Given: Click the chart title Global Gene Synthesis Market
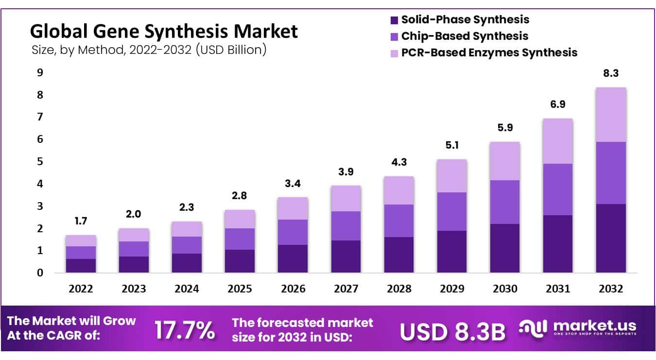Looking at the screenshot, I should point(164,32).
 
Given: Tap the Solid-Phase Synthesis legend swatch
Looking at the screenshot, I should point(394,20).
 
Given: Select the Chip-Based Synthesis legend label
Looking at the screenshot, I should point(465,36).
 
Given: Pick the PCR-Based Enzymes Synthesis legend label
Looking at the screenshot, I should point(489,52).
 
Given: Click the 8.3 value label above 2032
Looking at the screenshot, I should point(611,74).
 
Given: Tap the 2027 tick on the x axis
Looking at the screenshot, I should point(346,289).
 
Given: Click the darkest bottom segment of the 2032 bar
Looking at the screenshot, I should point(611,238).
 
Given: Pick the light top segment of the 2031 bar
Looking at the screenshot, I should point(557,141).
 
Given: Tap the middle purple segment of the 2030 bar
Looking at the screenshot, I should point(504,202).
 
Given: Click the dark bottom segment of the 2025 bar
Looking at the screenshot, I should point(240,261).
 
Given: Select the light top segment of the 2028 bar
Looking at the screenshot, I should point(398,190).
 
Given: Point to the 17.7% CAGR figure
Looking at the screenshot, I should point(185,330).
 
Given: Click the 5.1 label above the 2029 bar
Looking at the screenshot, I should point(452,146).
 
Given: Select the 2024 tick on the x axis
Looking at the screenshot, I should point(187,289).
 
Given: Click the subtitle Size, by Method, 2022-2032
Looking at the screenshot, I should point(148,50).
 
